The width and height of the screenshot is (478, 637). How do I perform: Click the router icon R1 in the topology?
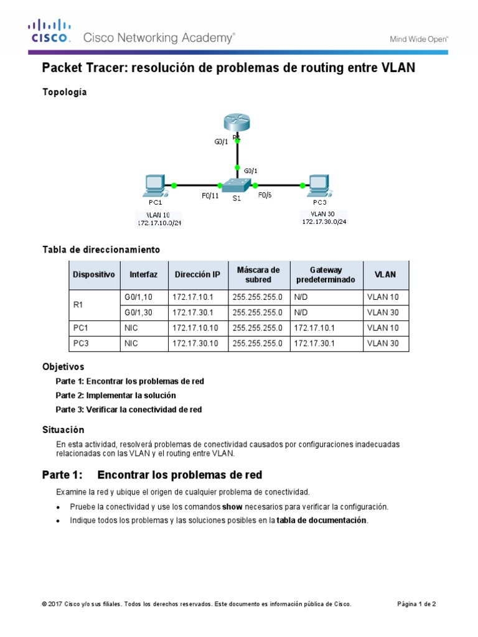(x=237, y=123)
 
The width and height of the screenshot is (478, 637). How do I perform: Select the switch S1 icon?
(x=237, y=185)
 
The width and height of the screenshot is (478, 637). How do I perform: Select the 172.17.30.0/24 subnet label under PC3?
(x=324, y=221)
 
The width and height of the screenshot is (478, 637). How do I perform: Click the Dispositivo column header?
(x=94, y=274)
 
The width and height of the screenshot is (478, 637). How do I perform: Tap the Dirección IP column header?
(x=197, y=274)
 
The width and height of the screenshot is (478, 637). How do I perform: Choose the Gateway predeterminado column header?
(x=326, y=274)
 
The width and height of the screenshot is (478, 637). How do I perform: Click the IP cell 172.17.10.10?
(x=195, y=328)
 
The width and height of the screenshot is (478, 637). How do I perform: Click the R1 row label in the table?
(x=78, y=305)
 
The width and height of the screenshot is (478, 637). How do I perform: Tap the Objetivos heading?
(x=63, y=367)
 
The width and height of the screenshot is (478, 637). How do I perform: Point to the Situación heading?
(x=63, y=430)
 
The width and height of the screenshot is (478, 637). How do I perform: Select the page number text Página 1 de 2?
(x=416, y=604)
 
